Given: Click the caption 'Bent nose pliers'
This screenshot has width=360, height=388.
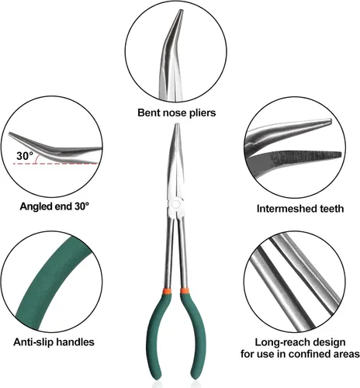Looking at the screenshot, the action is (x=177, y=113).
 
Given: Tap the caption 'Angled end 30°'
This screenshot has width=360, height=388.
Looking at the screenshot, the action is (x=54, y=206).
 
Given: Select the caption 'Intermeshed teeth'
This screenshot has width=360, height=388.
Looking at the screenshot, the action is (x=300, y=209).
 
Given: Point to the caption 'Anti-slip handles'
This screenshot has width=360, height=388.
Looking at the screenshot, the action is (x=54, y=342).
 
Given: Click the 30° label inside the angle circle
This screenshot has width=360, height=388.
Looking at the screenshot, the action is (x=25, y=156).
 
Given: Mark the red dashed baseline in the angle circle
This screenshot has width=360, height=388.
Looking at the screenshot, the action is (x=56, y=164).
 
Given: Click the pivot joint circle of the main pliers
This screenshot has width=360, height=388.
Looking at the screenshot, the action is (x=176, y=204).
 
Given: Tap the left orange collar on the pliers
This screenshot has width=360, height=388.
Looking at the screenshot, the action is (x=168, y=290).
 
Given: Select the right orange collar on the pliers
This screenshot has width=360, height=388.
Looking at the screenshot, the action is (x=184, y=291).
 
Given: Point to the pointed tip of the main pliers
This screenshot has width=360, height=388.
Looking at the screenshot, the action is (x=177, y=125).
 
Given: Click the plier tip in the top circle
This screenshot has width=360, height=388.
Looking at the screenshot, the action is (x=181, y=11).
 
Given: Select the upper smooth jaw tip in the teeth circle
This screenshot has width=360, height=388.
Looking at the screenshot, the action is (x=329, y=121).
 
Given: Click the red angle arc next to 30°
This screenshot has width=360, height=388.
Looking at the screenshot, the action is (x=37, y=158).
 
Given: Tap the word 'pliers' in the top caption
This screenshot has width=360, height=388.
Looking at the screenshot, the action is (x=202, y=113).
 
